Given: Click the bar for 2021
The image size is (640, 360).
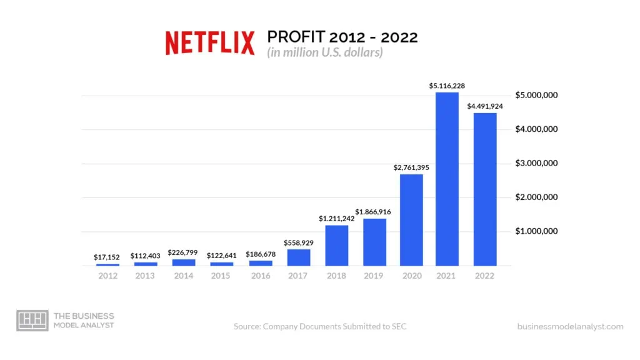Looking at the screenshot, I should point(447,179).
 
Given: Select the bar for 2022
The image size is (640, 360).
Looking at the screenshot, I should point(485,189).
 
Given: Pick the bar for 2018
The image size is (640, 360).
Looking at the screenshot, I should point(337,246).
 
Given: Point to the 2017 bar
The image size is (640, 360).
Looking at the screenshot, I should point(299,257).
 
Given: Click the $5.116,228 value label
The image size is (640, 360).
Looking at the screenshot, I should point(447,86).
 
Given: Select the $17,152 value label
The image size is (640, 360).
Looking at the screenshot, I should point(107,257).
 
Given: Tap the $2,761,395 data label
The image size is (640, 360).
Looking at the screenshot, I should point(411,167).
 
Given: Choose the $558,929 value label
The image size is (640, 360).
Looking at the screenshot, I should point(299,242).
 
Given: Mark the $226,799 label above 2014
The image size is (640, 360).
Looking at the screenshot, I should point(182,252).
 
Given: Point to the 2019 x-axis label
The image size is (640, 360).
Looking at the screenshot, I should point(374,276).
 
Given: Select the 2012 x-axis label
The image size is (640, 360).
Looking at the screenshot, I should point(107,276).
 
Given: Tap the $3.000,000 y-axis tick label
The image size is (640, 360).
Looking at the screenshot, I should point(536,163).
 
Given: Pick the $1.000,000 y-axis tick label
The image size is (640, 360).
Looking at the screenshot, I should point(536,231).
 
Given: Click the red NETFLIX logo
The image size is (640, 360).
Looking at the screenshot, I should point(210,43).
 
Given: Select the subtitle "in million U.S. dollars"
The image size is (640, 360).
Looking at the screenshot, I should point(325,52).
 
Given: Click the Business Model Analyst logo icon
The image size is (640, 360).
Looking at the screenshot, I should point(32,320).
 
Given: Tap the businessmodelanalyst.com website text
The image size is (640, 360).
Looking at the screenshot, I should point(570,326).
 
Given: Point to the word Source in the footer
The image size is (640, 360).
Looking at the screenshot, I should point(246,326).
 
